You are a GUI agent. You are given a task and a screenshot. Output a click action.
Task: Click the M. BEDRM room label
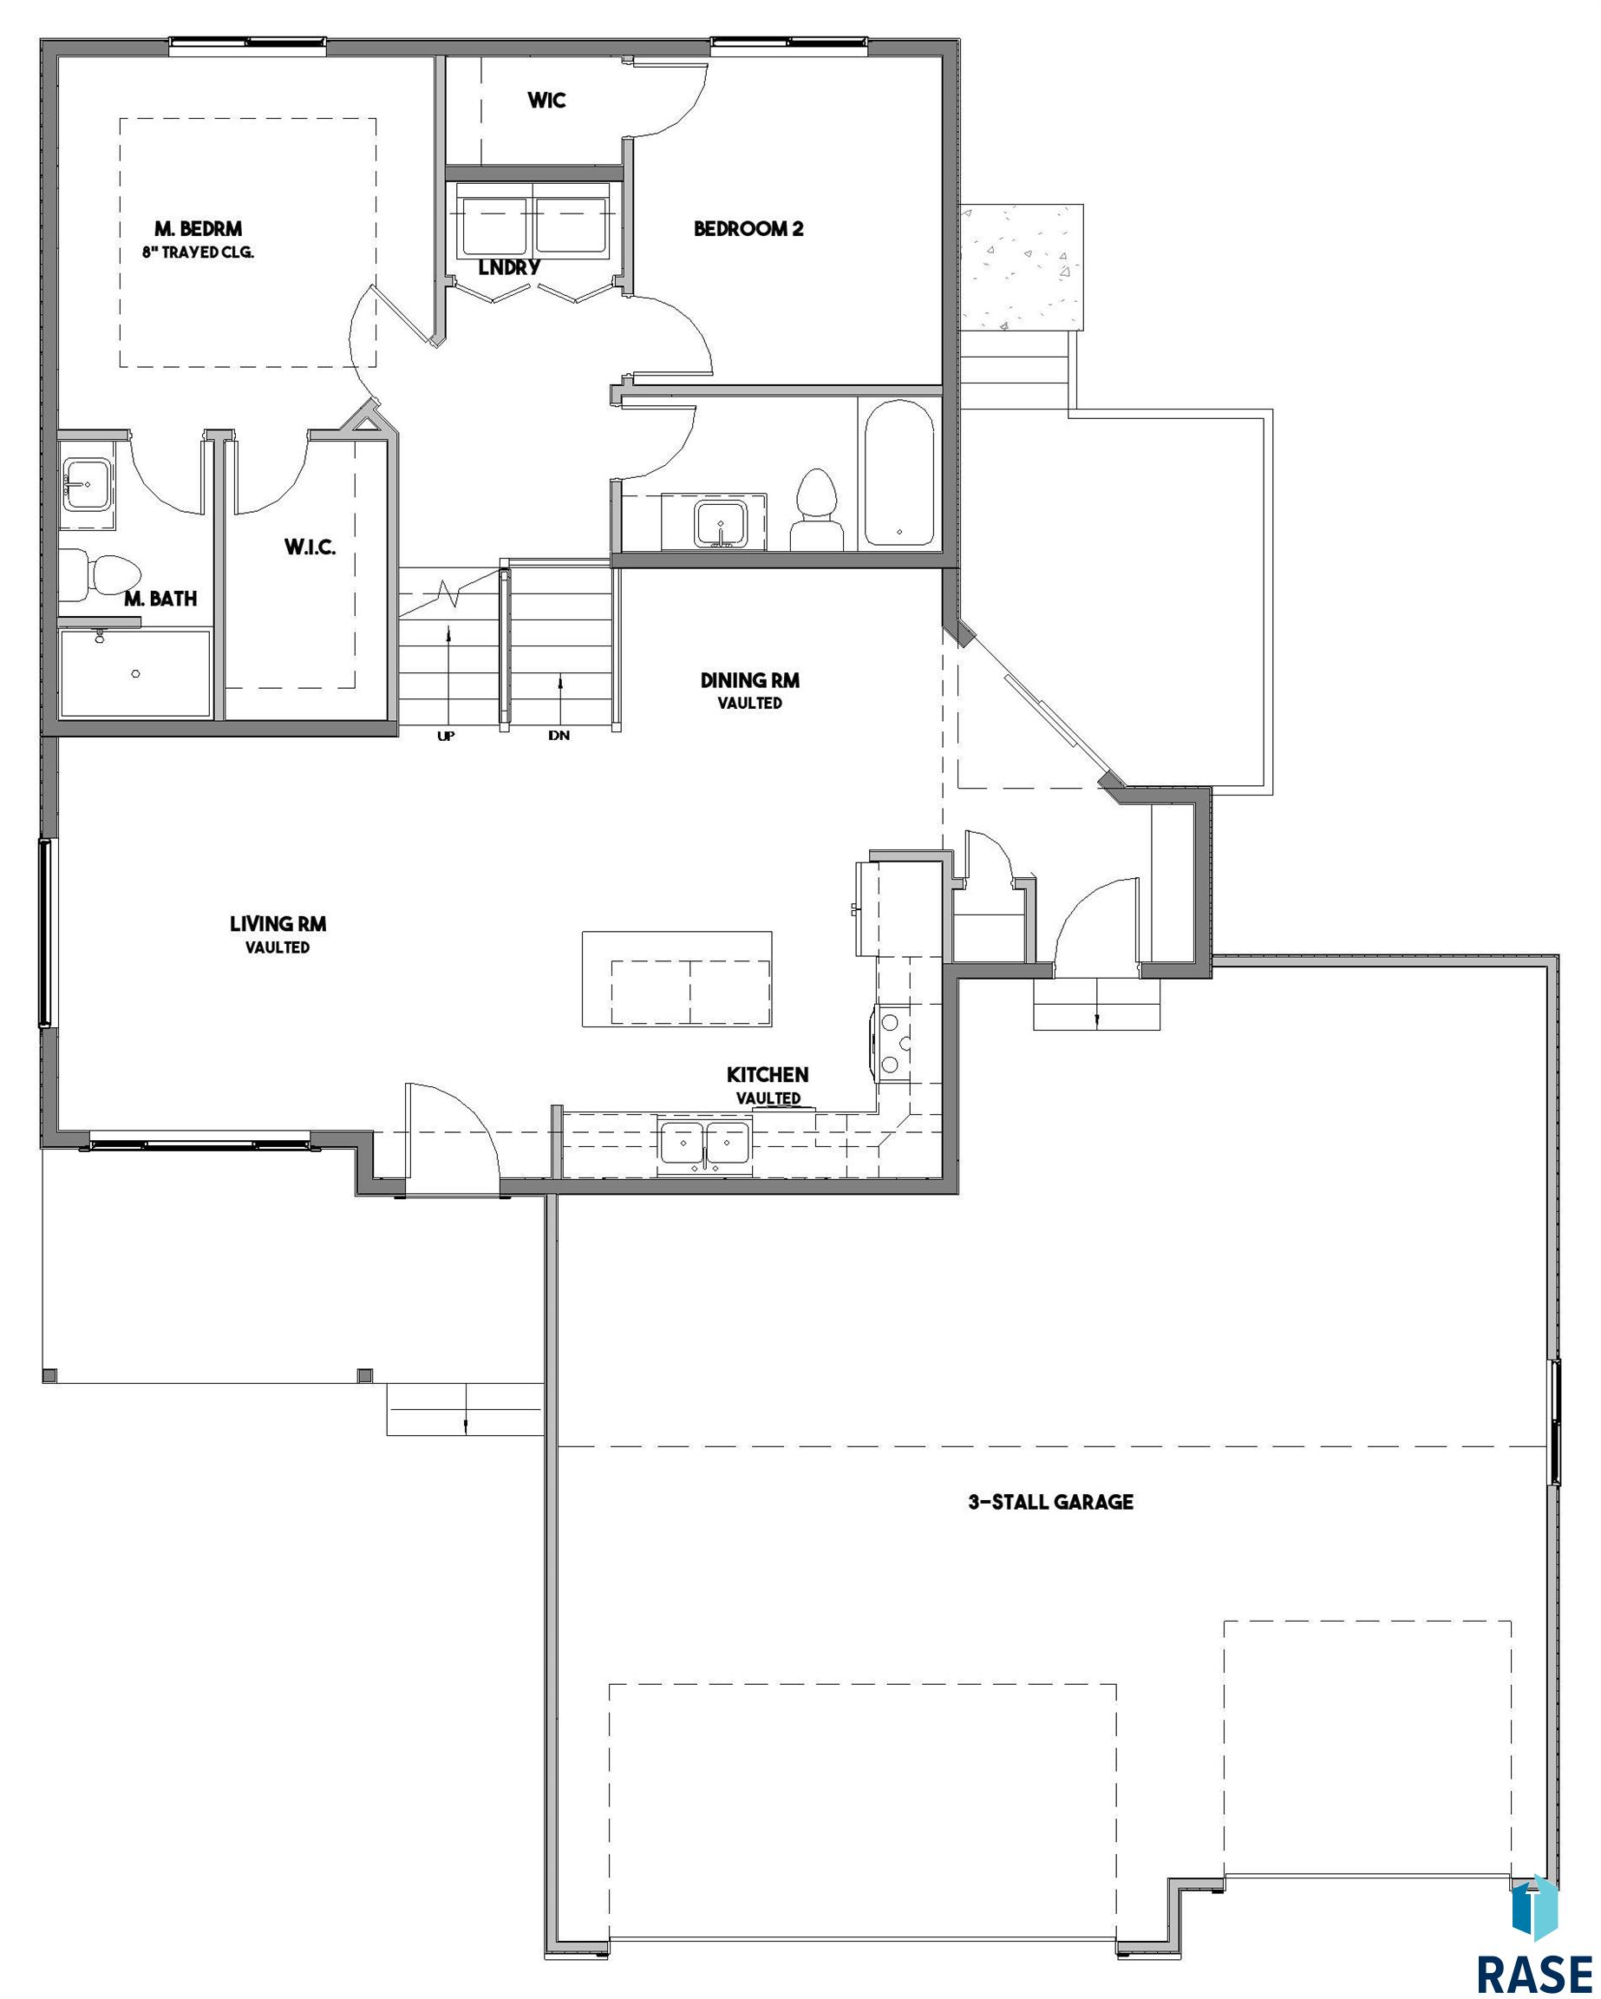199,228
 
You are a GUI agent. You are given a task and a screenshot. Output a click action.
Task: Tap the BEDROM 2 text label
748,228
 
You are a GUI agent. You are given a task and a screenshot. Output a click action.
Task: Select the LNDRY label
509,267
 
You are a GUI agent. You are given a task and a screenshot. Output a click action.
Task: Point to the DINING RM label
749,679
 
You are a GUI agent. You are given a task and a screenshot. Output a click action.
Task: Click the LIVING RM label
278,923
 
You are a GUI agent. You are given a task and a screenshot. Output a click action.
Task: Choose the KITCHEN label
768,1075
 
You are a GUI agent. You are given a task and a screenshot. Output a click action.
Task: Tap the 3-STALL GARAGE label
1050,1502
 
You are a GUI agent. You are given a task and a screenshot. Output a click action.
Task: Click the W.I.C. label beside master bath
310,547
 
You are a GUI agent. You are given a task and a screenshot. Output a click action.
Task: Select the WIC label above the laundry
546,100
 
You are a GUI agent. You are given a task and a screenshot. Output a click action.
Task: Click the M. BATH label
161,599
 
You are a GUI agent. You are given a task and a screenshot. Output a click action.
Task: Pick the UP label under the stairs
446,737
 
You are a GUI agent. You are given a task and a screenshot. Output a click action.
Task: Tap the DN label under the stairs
559,735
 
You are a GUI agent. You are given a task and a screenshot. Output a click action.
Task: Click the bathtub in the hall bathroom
899,473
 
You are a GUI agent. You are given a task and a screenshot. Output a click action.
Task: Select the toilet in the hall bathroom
817,510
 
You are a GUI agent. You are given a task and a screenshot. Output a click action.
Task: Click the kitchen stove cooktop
893,1043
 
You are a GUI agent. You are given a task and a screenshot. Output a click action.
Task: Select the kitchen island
676,979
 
